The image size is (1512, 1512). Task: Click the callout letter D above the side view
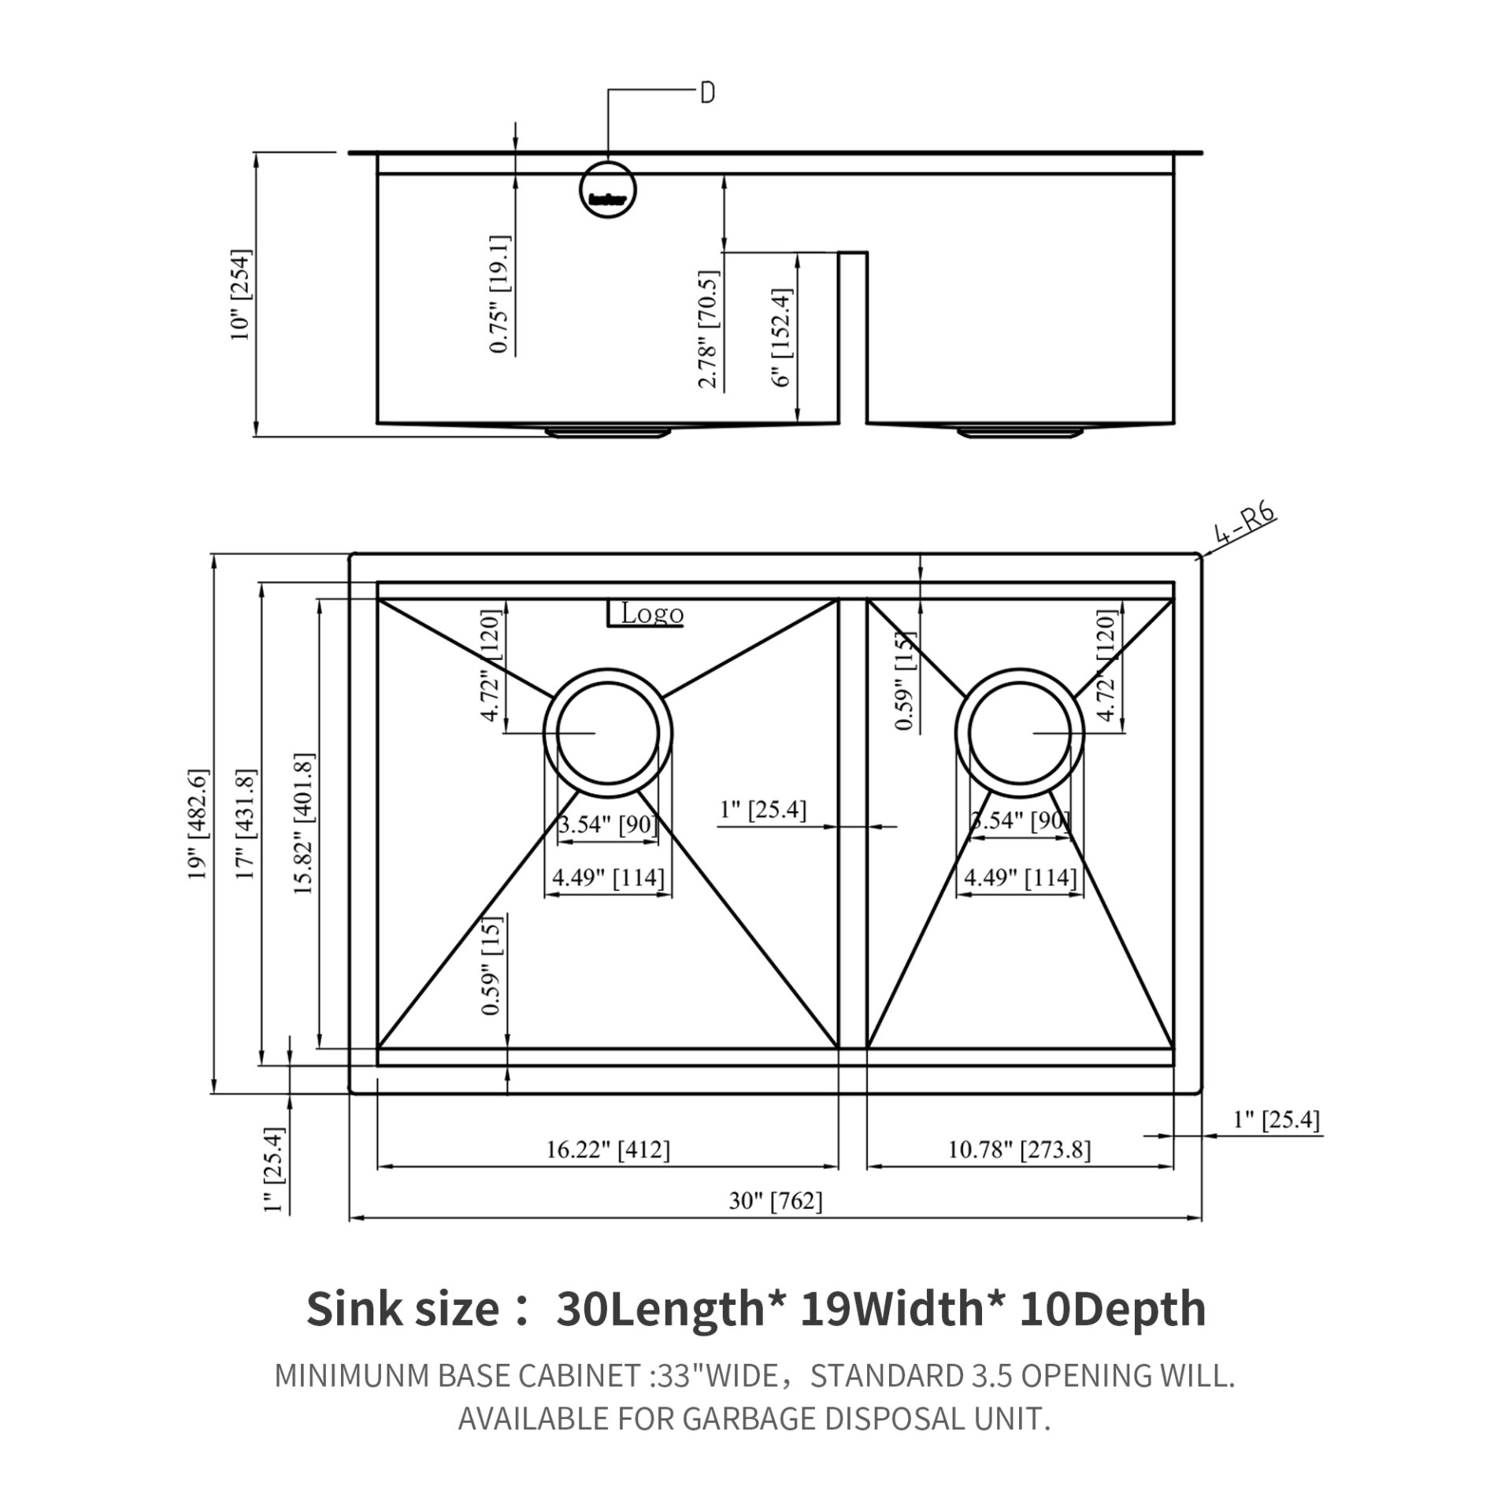point(707,93)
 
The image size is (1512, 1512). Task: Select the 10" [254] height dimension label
point(240,295)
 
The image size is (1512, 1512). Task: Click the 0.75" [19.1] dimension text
point(499,293)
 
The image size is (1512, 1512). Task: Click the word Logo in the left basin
point(651,613)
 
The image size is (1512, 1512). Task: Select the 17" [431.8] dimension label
point(246,824)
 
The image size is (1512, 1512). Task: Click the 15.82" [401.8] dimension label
point(304,824)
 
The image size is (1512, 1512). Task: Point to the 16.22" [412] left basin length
point(608,1150)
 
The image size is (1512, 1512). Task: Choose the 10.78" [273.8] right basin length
point(1019,1150)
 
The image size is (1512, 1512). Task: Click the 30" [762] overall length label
point(776,1201)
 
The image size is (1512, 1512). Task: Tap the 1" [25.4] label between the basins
point(763,810)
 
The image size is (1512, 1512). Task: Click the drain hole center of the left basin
point(607,733)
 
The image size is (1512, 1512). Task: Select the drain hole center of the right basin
point(1019,733)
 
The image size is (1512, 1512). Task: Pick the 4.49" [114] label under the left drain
point(607,877)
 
